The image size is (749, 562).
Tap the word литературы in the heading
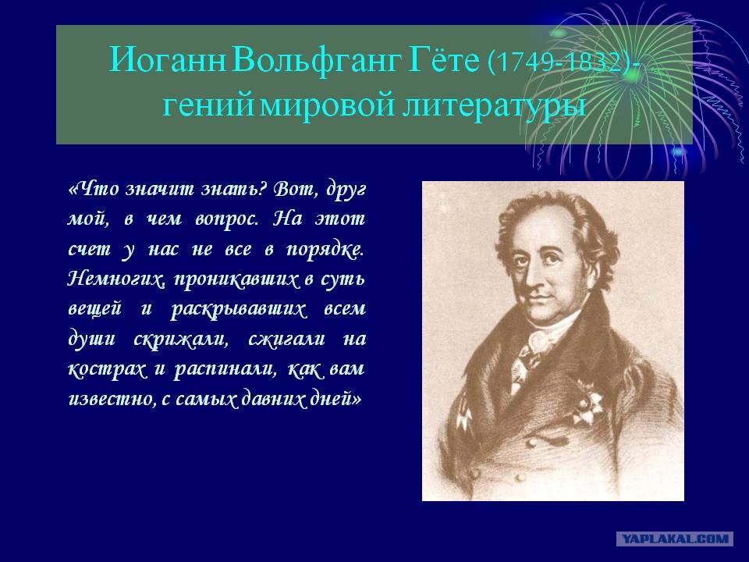pyautogui.click(x=494, y=105)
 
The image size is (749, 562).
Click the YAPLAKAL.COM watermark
pyautogui.click(x=675, y=539)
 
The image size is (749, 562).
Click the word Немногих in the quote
pyautogui.click(x=108, y=279)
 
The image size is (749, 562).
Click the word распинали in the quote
pyautogui.click(x=216, y=369)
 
